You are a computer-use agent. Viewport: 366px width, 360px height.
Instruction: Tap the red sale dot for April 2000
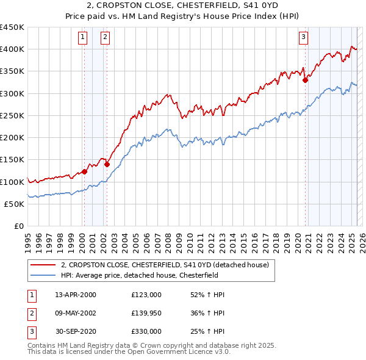pos(84,171)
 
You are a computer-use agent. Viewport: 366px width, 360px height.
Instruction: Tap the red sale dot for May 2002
pos(107,164)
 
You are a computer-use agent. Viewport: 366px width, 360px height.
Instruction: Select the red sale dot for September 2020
pos(306,79)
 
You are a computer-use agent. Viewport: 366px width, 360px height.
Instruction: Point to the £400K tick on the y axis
pos(12,49)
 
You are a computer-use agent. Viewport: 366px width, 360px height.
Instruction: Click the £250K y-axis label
pos(12,115)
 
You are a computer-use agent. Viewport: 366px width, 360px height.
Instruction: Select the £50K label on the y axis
pos(15,204)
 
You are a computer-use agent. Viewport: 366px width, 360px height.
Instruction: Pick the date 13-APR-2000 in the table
pos(76,295)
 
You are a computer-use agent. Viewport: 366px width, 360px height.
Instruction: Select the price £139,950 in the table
pos(146,313)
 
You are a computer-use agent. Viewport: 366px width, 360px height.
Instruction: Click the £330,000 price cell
pos(146,331)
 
